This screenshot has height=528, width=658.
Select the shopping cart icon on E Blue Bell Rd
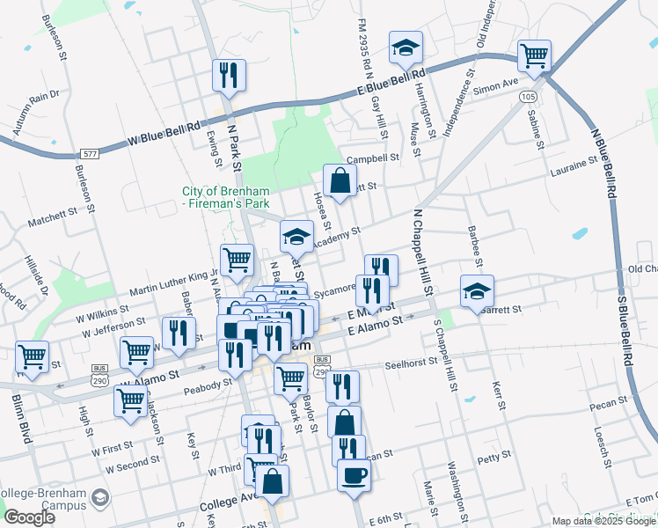(534, 55)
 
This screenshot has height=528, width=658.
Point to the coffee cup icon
(354, 475)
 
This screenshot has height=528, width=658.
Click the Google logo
(29, 517)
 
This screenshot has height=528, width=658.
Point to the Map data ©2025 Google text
(603, 521)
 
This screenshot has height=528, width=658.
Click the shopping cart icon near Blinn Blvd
(32, 356)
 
